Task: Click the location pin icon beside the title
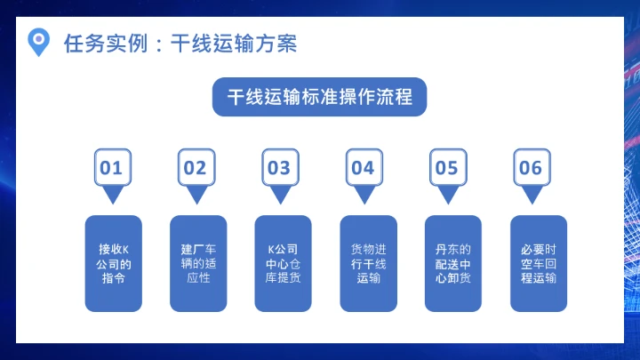[37, 42]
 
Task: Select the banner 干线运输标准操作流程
[320, 97]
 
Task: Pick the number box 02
[195, 167]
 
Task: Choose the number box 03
[278, 167]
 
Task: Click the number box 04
[363, 167]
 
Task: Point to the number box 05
[446, 167]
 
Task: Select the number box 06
[531, 167]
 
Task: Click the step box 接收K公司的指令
[113, 263]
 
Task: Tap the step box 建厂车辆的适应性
[198, 263]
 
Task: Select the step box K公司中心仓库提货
[283, 263]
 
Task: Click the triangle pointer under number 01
[112, 195]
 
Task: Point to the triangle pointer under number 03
[280, 195]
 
